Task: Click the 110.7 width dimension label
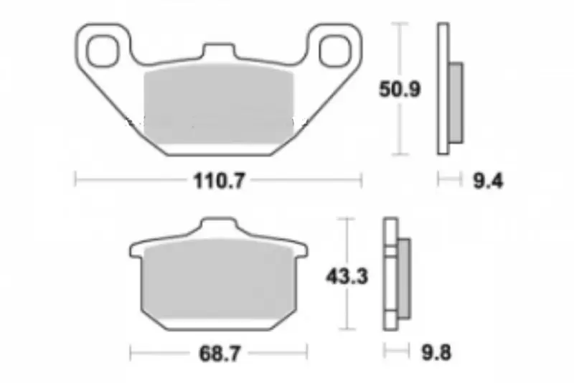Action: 219,181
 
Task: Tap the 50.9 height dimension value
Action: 400,89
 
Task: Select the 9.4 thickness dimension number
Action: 489,181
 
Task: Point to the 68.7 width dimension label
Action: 220,354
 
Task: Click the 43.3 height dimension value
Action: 347,277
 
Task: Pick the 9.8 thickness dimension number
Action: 436,353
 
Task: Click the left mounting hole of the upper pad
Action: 103,51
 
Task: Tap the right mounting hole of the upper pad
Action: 335,51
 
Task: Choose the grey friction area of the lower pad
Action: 219,279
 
